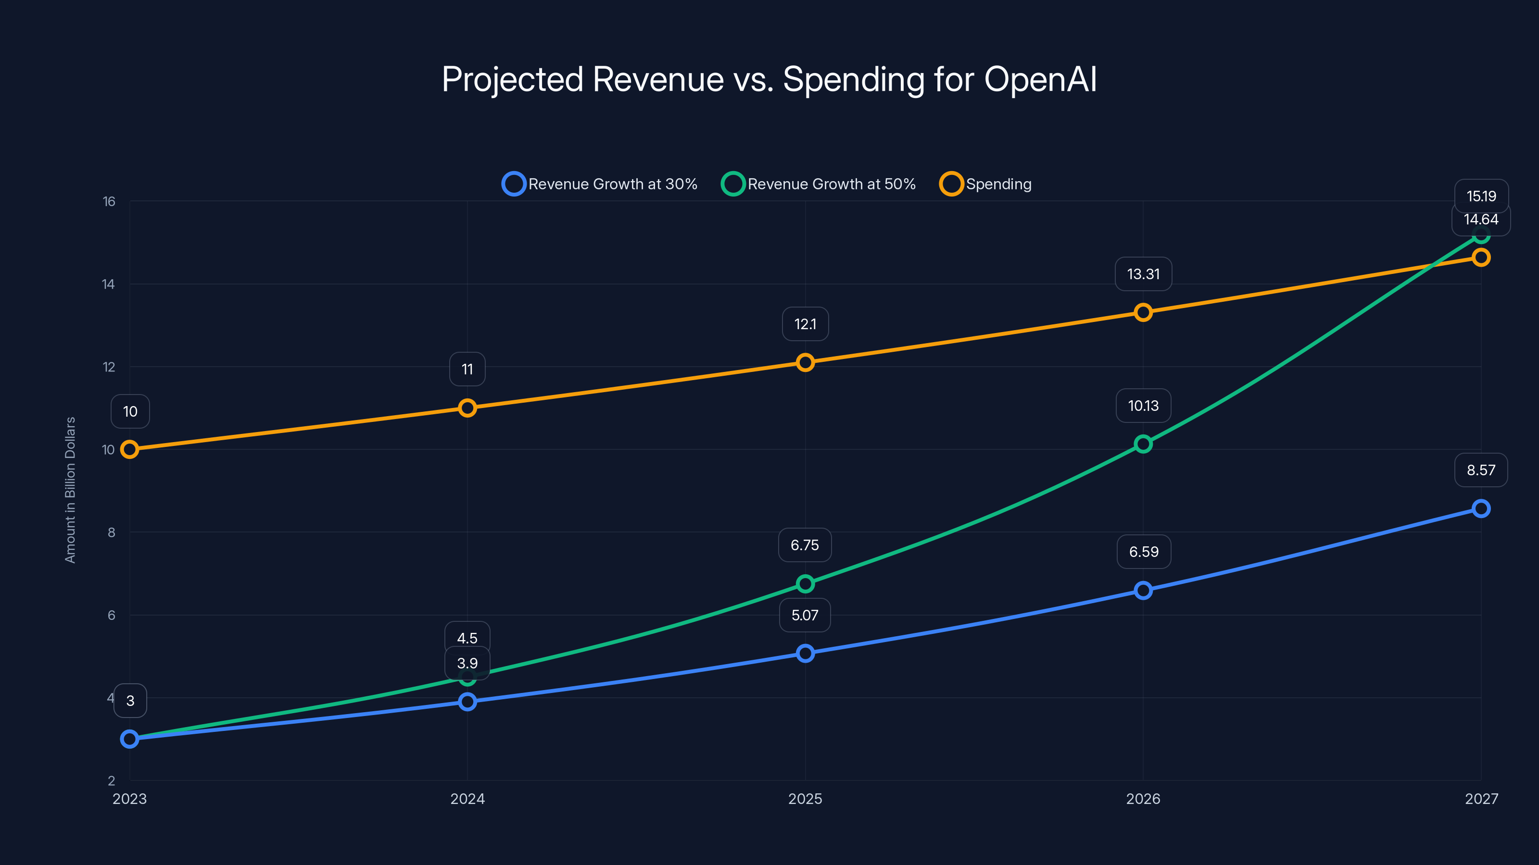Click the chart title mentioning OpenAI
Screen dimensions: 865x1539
tap(769, 79)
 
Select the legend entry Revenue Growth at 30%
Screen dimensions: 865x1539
tap(600, 184)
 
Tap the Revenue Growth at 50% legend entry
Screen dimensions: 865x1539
tap(819, 184)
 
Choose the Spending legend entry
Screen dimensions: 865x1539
tap(986, 184)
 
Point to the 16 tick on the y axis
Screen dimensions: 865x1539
tap(109, 202)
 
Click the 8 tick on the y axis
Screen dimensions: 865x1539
tap(111, 532)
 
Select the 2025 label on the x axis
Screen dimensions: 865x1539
tap(805, 799)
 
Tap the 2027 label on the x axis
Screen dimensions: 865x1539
tap(1481, 799)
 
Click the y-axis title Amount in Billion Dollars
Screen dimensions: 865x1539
tap(71, 490)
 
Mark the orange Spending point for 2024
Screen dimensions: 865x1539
tap(467, 408)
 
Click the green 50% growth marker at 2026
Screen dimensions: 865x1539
tap(1143, 444)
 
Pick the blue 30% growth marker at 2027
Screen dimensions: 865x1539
tap(1480, 508)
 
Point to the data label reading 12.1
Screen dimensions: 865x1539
tap(805, 324)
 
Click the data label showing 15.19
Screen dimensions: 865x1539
tap(1481, 196)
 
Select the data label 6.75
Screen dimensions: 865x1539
tap(804, 545)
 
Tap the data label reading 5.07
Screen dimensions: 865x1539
tap(804, 615)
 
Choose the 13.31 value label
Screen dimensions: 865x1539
tap(1143, 274)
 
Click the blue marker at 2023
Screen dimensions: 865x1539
tap(130, 739)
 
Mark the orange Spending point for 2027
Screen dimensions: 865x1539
tap(1480, 257)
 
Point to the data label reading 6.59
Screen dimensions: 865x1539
tap(1143, 552)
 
